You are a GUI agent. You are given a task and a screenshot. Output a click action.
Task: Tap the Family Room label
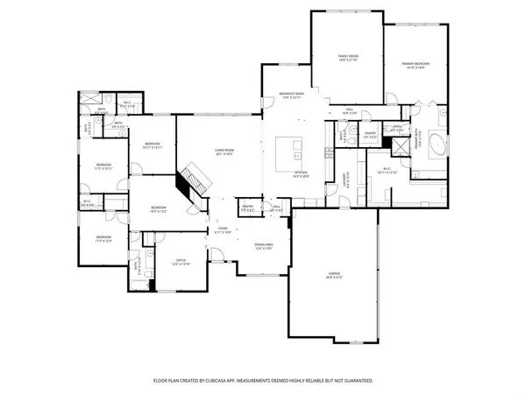point(348,58)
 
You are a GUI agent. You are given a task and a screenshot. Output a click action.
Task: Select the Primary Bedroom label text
point(415,64)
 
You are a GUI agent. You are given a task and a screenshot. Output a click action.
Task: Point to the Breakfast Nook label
point(292,95)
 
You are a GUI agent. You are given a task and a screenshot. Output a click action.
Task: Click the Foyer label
point(223,230)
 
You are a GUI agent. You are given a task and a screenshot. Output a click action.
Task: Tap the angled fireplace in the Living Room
point(191,181)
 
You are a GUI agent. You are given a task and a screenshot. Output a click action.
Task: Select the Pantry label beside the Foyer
point(247,208)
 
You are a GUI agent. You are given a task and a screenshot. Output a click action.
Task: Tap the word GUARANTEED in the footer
point(356,382)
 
